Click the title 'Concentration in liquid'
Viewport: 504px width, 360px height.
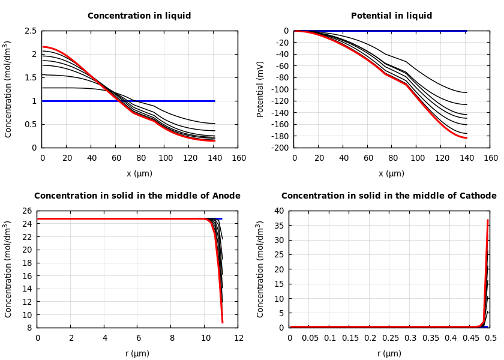(139, 16)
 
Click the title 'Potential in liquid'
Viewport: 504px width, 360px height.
(391, 16)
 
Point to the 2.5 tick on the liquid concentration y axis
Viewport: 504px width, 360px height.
(30, 31)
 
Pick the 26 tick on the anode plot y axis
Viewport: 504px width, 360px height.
(26, 211)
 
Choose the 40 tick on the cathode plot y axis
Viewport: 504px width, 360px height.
(278, 211)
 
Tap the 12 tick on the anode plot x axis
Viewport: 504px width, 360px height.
(239, 338)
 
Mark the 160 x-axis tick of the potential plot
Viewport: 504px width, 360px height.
(491, 158)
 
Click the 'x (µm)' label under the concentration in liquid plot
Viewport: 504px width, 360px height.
(139, 174)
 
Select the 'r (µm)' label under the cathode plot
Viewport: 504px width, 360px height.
(389, 354)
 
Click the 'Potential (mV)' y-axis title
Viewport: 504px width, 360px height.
(260, 89)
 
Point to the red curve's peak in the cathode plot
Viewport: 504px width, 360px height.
(488, 220)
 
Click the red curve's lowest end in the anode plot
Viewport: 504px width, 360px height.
(223, 323)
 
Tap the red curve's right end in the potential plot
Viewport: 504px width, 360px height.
(466, 138)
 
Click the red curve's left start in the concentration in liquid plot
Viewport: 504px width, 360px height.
(43, 47)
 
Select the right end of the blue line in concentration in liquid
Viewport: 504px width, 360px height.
(214, 101)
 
